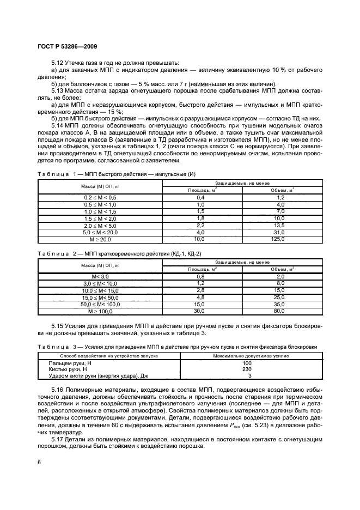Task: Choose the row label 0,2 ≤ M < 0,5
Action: [100, 197]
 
